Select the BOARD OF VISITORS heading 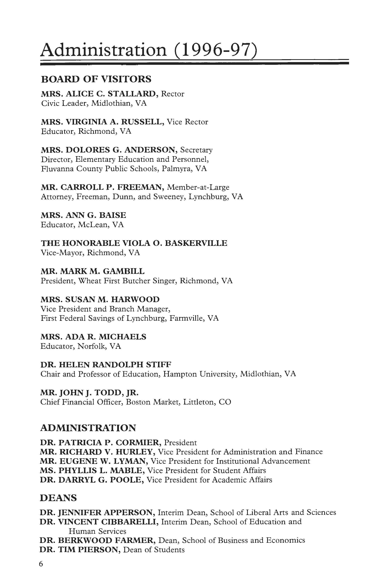click(x=96, y=79)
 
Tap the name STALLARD click(x=132, y=94)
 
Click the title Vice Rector click(x=187, y=122)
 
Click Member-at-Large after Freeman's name click(x=198, y=187)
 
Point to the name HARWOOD click(x=135, y=299)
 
